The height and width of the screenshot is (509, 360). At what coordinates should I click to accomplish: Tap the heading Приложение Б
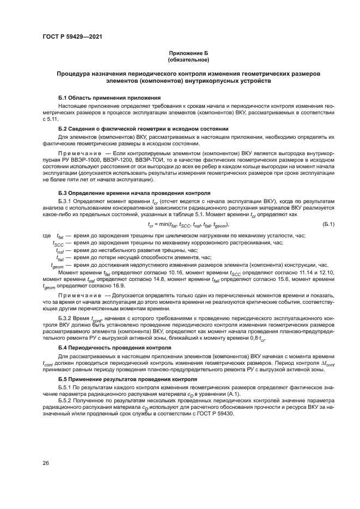coord(188,53)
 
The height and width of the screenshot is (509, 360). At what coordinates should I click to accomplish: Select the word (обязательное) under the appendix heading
coord(188,59)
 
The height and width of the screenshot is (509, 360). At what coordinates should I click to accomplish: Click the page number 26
coord(46,463)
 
